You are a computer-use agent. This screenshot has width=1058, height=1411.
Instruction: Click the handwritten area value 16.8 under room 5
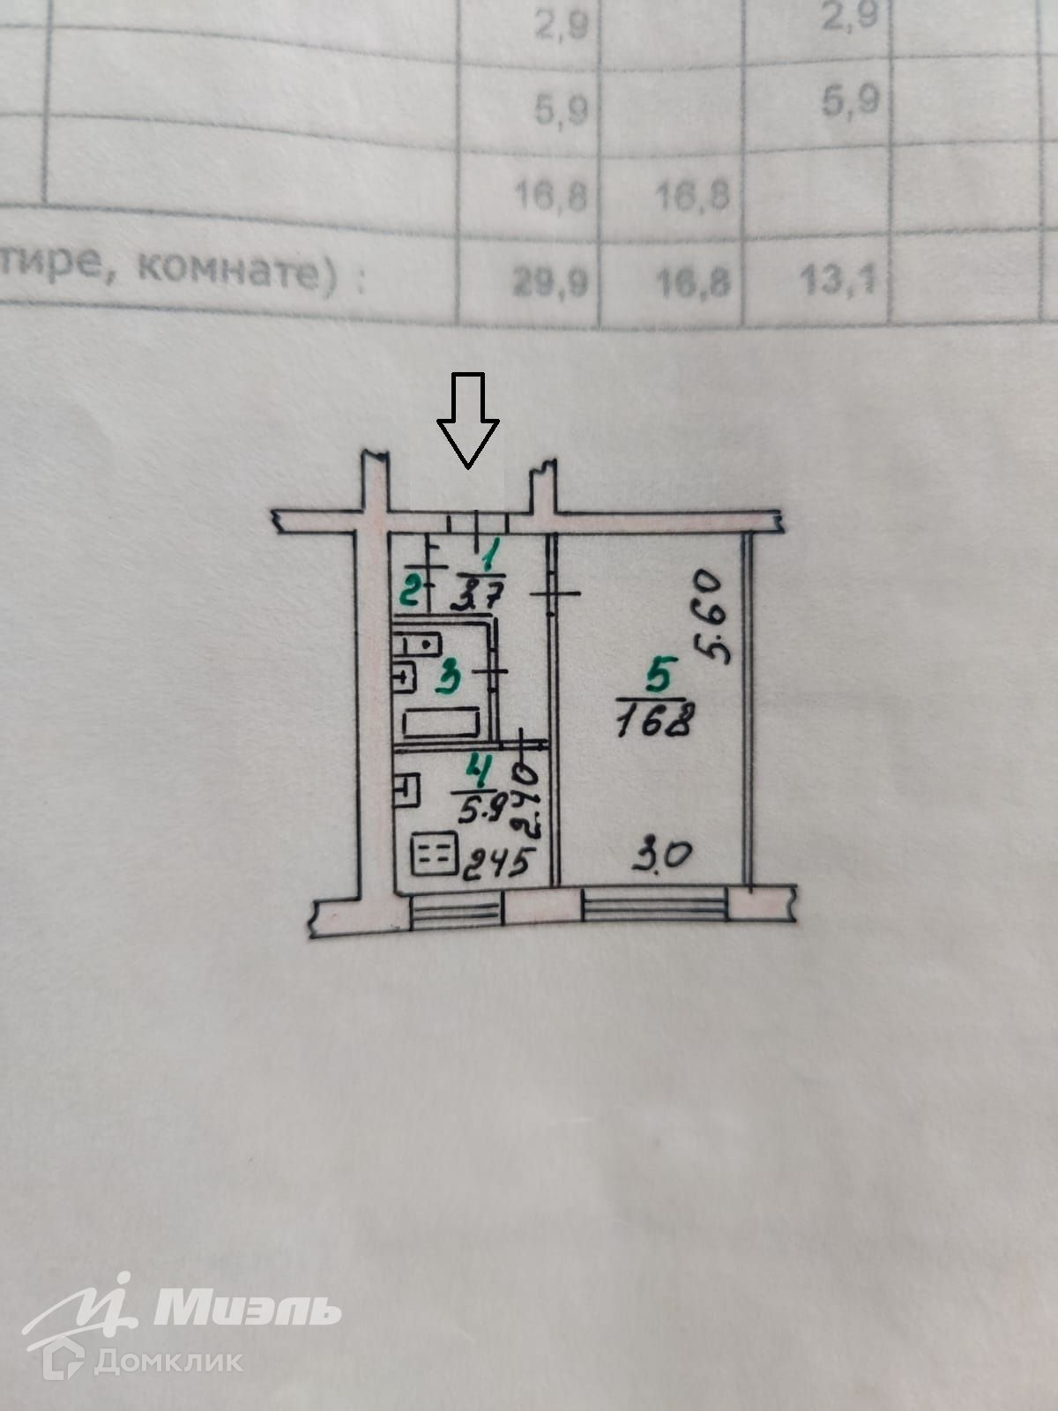[x=653, y=723]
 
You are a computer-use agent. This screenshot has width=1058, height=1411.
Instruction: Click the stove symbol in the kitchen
[x=435, y=855]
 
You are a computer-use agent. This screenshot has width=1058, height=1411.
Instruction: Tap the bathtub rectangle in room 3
[x=440, y=724]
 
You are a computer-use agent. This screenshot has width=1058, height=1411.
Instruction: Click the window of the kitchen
[x=456, y=909]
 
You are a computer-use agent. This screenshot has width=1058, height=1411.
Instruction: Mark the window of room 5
[x=655, y=906]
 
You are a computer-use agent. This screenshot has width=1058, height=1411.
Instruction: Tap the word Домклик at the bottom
[x=168, y=1361]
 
